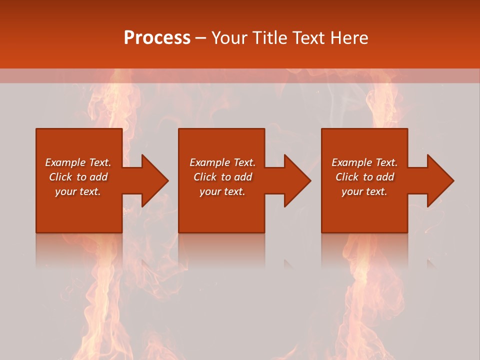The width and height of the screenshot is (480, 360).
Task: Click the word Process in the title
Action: tap(157, 37)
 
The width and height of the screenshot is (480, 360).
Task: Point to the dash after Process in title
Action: tap(201, 38)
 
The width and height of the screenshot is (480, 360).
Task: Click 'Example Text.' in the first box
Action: tap(78, 162)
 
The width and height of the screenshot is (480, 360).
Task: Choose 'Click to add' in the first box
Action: tap(78, 177)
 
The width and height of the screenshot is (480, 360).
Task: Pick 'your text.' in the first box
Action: tap(78, 191)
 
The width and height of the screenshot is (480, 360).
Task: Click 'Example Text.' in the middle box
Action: tap(222, 162)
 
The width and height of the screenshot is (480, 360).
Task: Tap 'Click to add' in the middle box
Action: tap(222, 177)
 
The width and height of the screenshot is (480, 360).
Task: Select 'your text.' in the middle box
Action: tap(222, 191)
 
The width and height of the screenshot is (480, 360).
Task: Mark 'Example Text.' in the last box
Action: tap(364, 162)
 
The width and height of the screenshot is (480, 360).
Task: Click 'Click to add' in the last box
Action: tap(364, 177)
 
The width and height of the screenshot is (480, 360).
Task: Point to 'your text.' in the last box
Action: tap(364, 191)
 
